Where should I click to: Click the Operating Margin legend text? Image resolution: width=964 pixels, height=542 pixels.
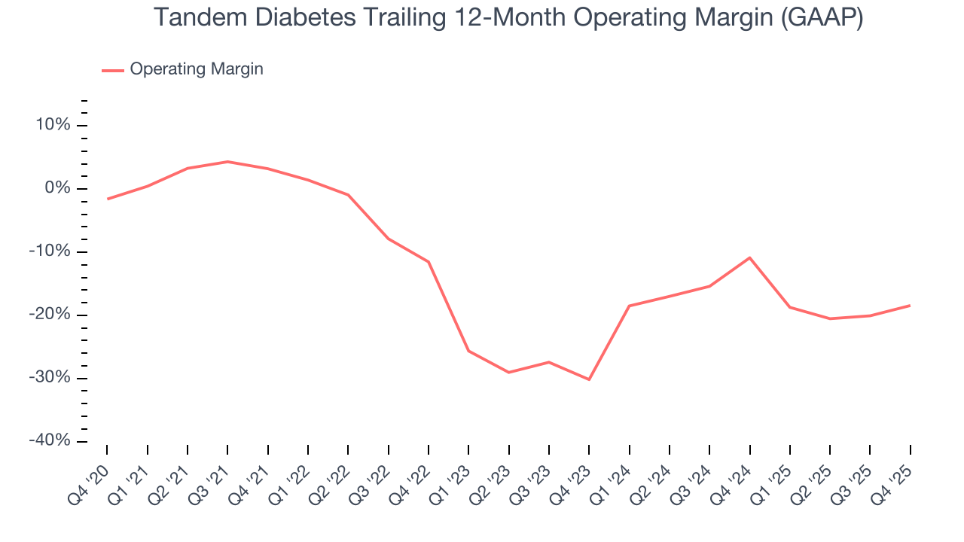point(197,69)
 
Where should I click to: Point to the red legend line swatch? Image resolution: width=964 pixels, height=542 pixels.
point(113,70)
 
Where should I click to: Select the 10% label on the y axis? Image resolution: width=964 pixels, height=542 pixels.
point(52,125)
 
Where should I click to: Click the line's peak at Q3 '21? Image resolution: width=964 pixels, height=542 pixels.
point(227,161)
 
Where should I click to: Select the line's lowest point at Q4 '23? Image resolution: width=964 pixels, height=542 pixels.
point(589,379)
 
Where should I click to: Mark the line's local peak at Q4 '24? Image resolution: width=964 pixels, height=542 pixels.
point(749,257)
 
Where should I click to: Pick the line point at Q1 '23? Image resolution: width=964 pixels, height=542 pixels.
point(468,351)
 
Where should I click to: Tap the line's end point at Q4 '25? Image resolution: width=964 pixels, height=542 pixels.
point(910,305)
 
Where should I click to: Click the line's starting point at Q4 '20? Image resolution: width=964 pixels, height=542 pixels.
point(107,199)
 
